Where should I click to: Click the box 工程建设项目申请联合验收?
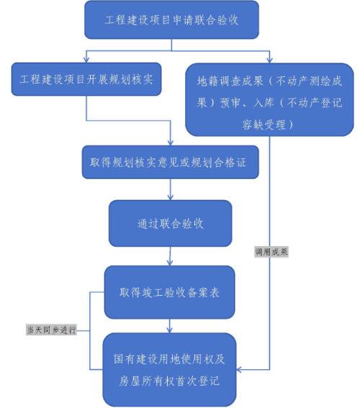pyautogui.click(x=171, y=20)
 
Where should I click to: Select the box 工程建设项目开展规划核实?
pyautogui.click(x=86, y=79)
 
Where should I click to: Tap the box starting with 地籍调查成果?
pyautogui.click(x=269, y=99)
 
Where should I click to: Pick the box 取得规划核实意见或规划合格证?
pyautogui.click(x=170, y=162)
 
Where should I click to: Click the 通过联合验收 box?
pyautogui.click(x=170, y=223)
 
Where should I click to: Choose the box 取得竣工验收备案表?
pyautogui.click(x=170, y=292)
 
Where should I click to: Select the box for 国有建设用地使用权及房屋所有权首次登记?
pyautogui.click(x=169, y=370)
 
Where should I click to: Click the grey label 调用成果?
pyautogui.click(x=271, y=252)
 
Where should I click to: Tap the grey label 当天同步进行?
pyautogui.click(x=51, y=330)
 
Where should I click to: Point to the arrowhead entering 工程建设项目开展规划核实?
pyautogui.click(x=86, y=60)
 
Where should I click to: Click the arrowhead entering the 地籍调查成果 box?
pyautogui.click(x=269, y=60)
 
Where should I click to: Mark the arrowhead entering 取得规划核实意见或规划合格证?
pyautogui.click(x=170, y=143)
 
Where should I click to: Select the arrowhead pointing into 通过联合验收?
pyautogui.click(x=170, y=197)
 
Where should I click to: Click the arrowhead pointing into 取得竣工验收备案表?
pyautogui.click(x=170, y=263)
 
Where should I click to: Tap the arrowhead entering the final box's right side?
pyautogui.click(x=239, y=369)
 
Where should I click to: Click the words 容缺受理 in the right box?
pyautogui.click(x=264, y=125)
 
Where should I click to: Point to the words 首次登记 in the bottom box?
pyautogui.click(x=197, y=381)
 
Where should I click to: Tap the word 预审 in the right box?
pyautogui.click(x=230, y=103)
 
